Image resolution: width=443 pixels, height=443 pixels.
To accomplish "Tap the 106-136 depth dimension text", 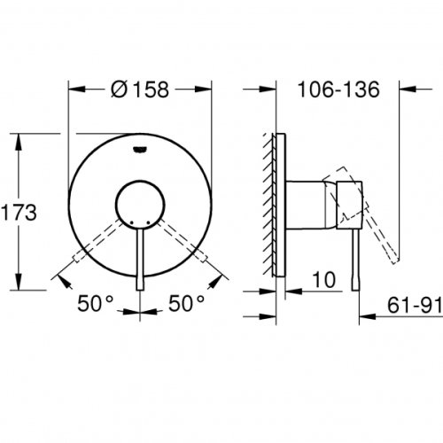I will coord(338,89).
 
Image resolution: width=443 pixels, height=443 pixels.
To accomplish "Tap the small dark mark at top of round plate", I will coord(140,151).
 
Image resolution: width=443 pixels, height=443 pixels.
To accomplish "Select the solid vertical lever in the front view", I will coord(140,257).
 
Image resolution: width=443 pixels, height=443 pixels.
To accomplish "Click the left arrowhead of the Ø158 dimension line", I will coord(74,89).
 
